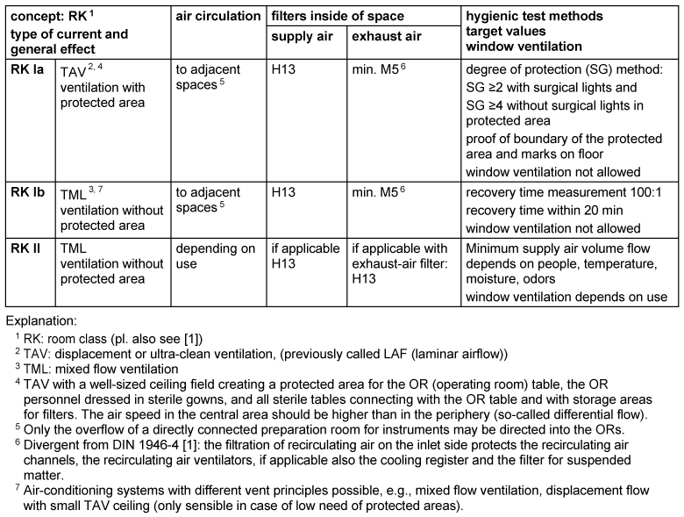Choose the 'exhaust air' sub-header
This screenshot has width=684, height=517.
385,38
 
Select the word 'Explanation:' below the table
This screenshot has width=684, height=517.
43,321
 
